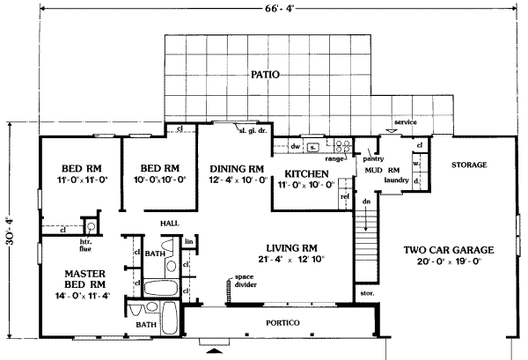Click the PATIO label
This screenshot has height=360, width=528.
(x=264, y=76)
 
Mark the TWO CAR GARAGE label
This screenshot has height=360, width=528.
(x=450, y=250)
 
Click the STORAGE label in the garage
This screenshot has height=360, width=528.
(x=469, y=165)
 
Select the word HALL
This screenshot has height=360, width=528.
(x=170, y=224)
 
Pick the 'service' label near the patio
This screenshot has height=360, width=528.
(x=405, y=121)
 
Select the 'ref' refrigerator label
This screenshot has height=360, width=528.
(x=346, y=196)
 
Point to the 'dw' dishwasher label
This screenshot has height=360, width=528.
(x=297, y=145)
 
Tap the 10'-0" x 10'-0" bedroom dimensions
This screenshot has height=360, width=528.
(x=160, y=180)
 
